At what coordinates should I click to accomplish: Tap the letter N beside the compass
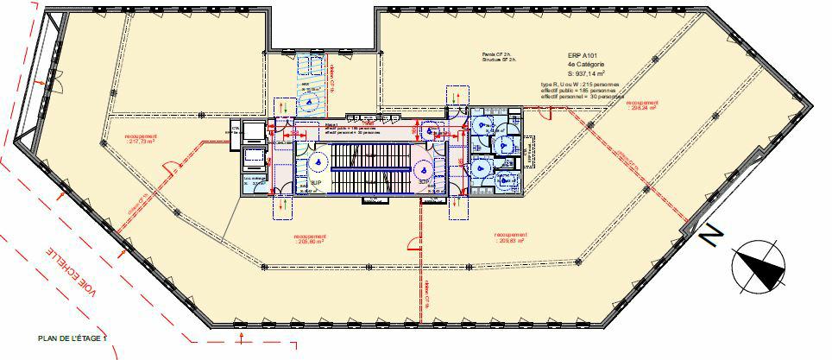(712, 235)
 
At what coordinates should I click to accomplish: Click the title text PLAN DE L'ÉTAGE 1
(72, 338)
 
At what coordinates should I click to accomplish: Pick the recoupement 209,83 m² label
(518, 238)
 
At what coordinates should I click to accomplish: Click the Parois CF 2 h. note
(499, 54)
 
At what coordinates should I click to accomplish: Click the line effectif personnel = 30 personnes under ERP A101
(582, 97)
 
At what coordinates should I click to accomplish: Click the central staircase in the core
(371, 165)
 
